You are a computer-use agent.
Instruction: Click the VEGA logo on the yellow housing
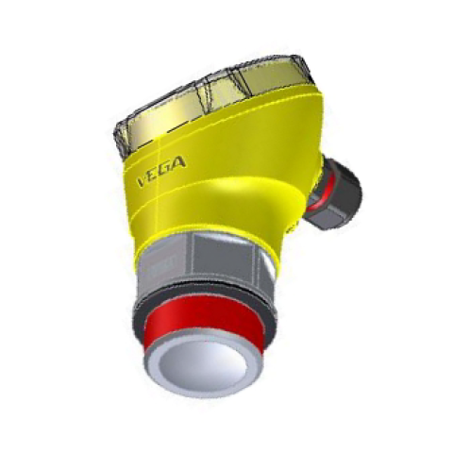pyautogui.click(x=161, y=172)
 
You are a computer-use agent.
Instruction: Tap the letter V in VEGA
pyautogui.click(x=143, y=181)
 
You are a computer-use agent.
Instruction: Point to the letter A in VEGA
pyautogui.click(x=179, y=162)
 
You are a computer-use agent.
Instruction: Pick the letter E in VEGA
pyautogui.click(x=155, y=175)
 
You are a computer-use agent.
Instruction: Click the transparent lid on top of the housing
pyautogui.click(x=214, y=102)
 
